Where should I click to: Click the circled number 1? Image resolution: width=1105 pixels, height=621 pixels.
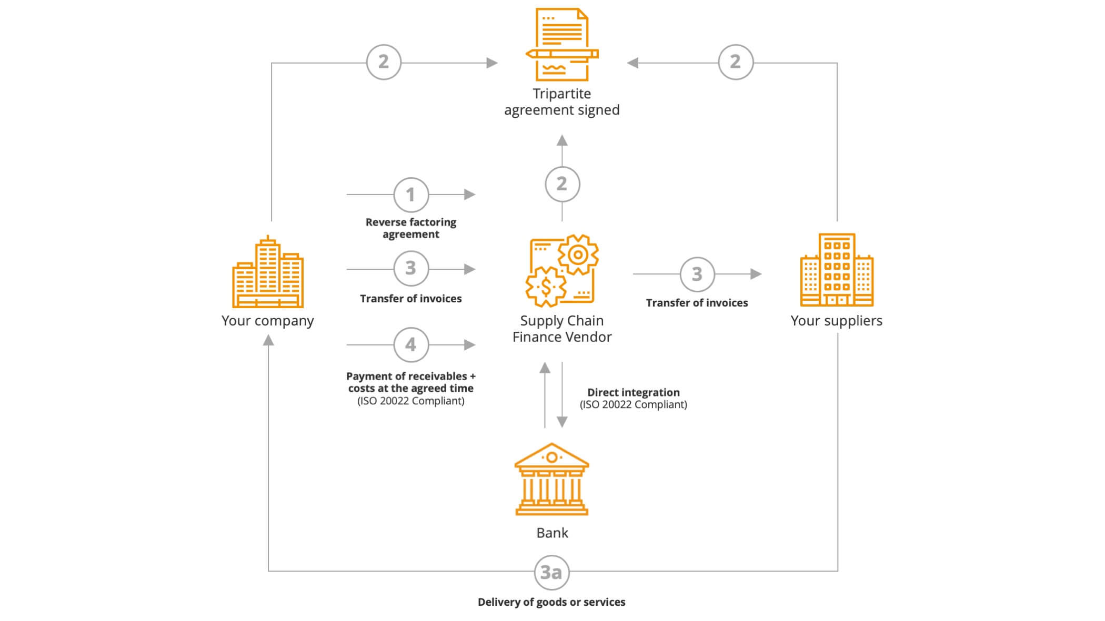point(411,195)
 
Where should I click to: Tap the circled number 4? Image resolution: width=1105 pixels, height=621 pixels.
point(411,345)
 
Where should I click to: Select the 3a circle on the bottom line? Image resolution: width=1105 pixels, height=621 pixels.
point(551,572)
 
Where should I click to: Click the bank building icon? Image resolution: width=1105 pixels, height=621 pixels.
point(551,479)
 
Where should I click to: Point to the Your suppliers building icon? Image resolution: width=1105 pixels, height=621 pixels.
point(837,270)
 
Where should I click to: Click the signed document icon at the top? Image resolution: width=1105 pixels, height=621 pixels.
point(561,45)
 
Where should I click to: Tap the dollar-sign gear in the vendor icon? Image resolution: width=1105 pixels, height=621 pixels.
point(546,287)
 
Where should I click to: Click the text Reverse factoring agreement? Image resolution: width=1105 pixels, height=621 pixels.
point(411,228)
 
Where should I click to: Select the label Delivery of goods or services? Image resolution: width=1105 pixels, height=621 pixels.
point(551,602)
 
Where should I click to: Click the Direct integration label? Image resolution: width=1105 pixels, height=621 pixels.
point(633,393)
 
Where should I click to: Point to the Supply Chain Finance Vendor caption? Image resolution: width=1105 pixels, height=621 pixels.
point(562,329)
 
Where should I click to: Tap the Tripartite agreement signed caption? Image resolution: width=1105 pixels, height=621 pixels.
point(562,101)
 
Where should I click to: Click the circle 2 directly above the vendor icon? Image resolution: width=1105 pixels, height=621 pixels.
point(562,184)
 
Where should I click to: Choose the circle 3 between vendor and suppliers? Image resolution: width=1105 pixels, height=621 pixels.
point(697,274)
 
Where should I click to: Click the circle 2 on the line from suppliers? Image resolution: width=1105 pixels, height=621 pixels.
point(735,62)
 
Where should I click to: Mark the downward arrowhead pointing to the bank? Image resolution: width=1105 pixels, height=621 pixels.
point(562,422)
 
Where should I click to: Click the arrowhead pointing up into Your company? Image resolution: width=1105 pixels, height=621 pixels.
point(268,341)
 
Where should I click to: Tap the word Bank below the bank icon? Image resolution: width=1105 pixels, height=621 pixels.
point(552,533)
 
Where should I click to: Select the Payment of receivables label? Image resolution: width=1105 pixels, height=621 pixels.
point(411,382)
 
